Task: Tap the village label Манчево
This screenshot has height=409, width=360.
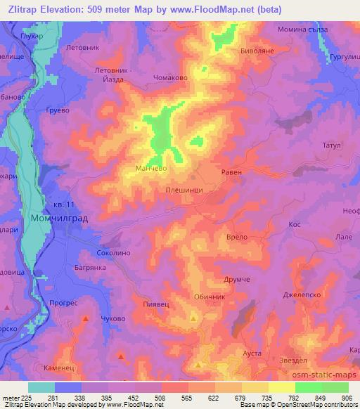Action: click(150, 169)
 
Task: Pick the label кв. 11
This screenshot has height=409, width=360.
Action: click(62, 204)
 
